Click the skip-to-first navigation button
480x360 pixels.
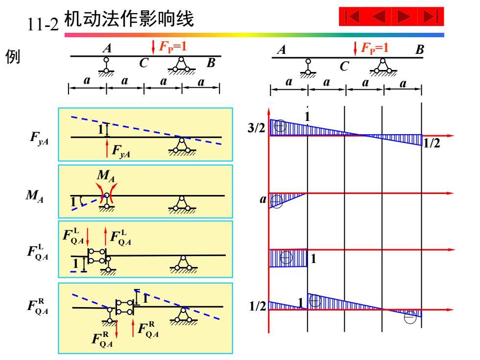(x=352, y=17)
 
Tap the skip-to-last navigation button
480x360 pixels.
(x=431, y=17)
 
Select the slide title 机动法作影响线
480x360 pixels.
(x=129, y=19)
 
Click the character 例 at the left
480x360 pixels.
(x=13, y=56)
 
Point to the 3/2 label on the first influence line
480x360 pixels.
(x=256, y=128)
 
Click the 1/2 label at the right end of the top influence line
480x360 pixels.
(x=432, y=143)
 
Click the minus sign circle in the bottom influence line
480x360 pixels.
(x=410, y=317)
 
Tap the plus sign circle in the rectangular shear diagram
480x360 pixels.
(x=286, y=258)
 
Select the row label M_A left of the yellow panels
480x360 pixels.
(x=35, y=195)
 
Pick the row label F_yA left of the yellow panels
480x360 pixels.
(x=39, y=138)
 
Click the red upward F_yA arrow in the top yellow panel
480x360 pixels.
(x=107, y=148)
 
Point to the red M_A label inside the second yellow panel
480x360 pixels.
(x=106, y=176)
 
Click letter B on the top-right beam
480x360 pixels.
(x=419, y=49)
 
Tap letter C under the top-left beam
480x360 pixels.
(x=144, y=63)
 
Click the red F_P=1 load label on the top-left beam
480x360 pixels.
(x=172, y=47)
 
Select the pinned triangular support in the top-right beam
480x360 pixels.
(x=383, y=67)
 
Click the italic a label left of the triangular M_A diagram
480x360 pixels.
(x=263, y=199)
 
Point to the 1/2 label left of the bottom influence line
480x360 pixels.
(x=258, y=306)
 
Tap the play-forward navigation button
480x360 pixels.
(x=404, y=17)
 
